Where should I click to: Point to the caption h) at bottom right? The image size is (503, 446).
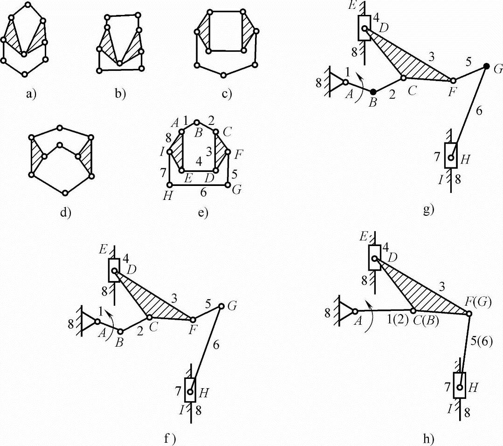pos(428,438)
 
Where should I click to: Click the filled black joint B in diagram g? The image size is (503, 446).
pos(373,92)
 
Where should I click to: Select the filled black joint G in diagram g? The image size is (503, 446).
pos(486,66)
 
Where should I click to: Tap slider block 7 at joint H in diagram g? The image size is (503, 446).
pos(451,155)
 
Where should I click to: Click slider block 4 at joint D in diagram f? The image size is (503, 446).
pos(114,270)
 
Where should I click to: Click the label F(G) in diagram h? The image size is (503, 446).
pos(478,302)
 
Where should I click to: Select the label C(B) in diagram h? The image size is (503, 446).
pos(426,321)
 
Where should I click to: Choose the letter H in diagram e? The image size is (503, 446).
pos(167,196)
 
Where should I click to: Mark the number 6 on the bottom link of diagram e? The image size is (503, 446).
pos(203,192)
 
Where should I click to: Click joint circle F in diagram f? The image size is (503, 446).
pos(193,320)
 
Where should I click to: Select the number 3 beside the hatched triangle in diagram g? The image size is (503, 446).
pos(432,57)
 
